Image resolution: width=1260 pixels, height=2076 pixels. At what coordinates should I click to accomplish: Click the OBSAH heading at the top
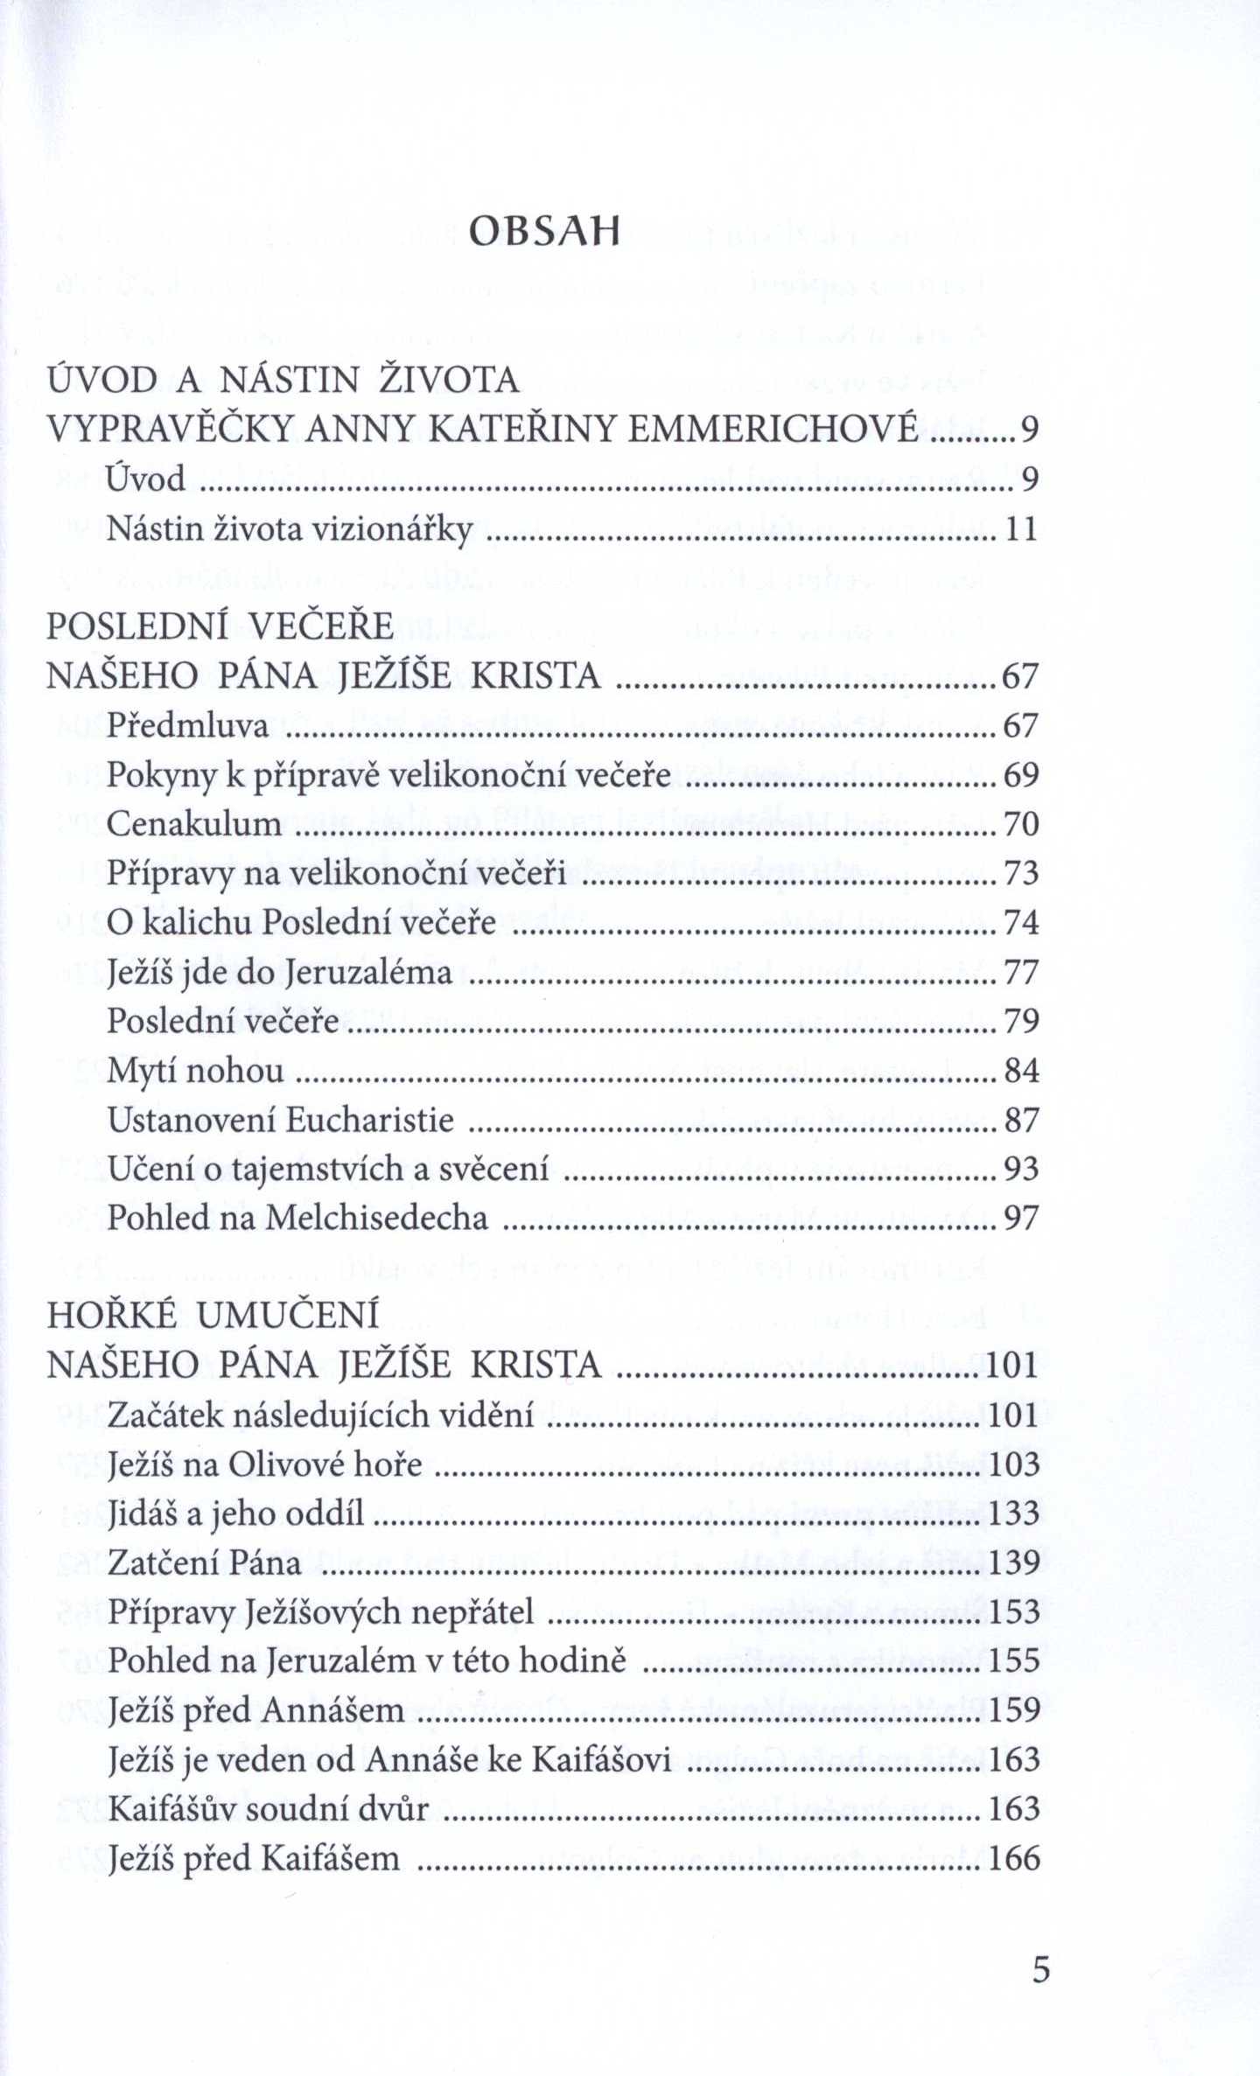point(544,232)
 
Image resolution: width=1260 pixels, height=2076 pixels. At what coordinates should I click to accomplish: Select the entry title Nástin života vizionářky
point(290,529)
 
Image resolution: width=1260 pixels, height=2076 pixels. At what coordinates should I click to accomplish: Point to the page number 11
point(1021,529)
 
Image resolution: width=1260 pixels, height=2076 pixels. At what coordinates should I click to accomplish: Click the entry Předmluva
point(188,725)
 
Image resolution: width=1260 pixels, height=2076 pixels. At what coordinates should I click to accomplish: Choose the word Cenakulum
point(194,824)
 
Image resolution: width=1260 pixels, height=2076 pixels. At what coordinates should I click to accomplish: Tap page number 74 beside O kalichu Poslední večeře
point(1021,922)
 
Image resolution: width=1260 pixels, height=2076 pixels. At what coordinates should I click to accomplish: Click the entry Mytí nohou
point(196,1070)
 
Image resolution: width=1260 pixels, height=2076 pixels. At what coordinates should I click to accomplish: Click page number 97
point(1021,1218)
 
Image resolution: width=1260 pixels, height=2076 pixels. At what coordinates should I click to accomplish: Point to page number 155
point(1013,1660)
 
